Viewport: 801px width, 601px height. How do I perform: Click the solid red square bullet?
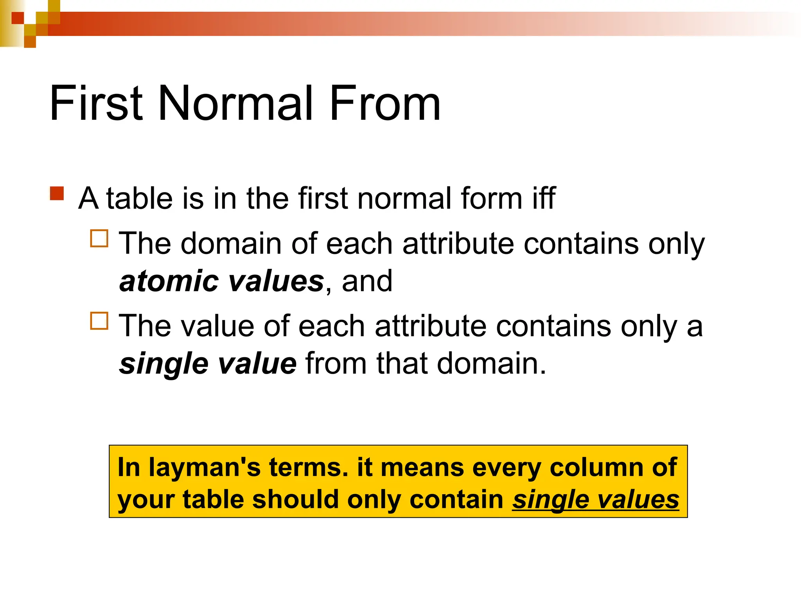pyautogui.click(x=57, y=194)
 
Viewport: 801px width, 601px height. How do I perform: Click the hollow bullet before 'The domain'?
pyautogui.click(x=99, y=239)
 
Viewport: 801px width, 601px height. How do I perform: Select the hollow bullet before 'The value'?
pyautogui.click(x=99, y=321)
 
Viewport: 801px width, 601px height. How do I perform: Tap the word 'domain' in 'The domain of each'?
pyautogui.click(x=231, y=243)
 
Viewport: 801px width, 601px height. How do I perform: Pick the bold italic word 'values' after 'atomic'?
pyautogui.click(x=276, y=281)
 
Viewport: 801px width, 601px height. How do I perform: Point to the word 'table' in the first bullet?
pyautogui.click(x=139, y=198)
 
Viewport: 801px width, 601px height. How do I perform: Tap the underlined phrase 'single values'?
pyautogui.click(x=596, y=500)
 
